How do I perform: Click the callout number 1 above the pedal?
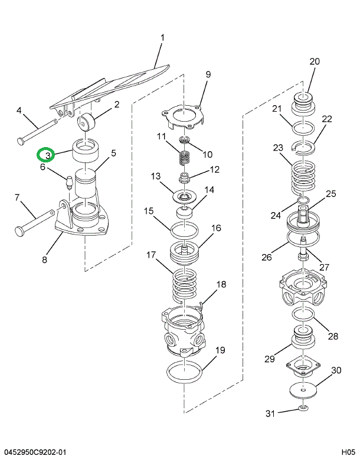(162, 39)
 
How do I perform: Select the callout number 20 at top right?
(314, 61)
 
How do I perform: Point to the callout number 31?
(270, 414)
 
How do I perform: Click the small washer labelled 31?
(302, 408)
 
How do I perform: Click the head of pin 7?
(19, 231)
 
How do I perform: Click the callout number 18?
(221, 285)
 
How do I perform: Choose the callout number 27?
(324, 266)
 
